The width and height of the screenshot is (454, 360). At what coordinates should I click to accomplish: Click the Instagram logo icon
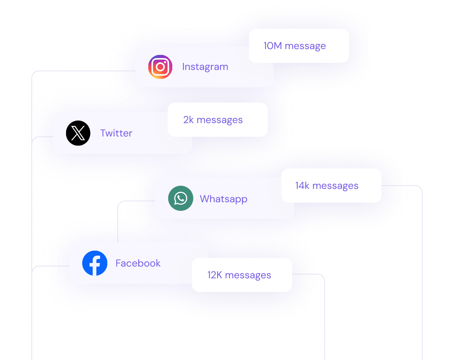click(x=160, y=67)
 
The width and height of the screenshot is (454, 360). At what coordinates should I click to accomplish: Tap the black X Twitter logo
click(x=78, y=133)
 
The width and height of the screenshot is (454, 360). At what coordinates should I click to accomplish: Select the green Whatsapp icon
click(x=181, y=198)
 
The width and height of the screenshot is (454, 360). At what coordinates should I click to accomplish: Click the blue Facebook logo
click(x=95, y=263)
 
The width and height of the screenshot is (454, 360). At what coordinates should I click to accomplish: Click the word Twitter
click(x=116, y=133)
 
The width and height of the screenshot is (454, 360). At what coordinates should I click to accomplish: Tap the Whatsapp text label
click(x=224, y=199)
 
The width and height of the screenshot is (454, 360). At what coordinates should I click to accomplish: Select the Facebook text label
click(x=138, y=263)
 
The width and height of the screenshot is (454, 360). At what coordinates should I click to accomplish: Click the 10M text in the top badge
click(x=272, y=46)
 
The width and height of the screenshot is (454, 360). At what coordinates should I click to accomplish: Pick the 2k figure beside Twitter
click(x=188, y=120)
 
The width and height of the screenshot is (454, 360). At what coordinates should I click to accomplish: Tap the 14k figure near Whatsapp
click(x=302, y=185)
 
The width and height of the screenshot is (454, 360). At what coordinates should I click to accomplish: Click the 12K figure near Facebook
click(x=215, y=275)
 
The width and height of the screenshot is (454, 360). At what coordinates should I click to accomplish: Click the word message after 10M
click(x=305, y=46)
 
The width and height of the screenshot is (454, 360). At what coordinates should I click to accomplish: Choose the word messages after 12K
click(x=248, y=275)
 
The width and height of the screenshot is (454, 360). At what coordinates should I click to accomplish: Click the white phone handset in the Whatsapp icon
click(x=181, y=198)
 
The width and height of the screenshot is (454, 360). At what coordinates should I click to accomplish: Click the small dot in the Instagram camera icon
click(x=165, y=62)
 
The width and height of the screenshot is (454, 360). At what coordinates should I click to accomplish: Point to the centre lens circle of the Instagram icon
click(x=160, y=67)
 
